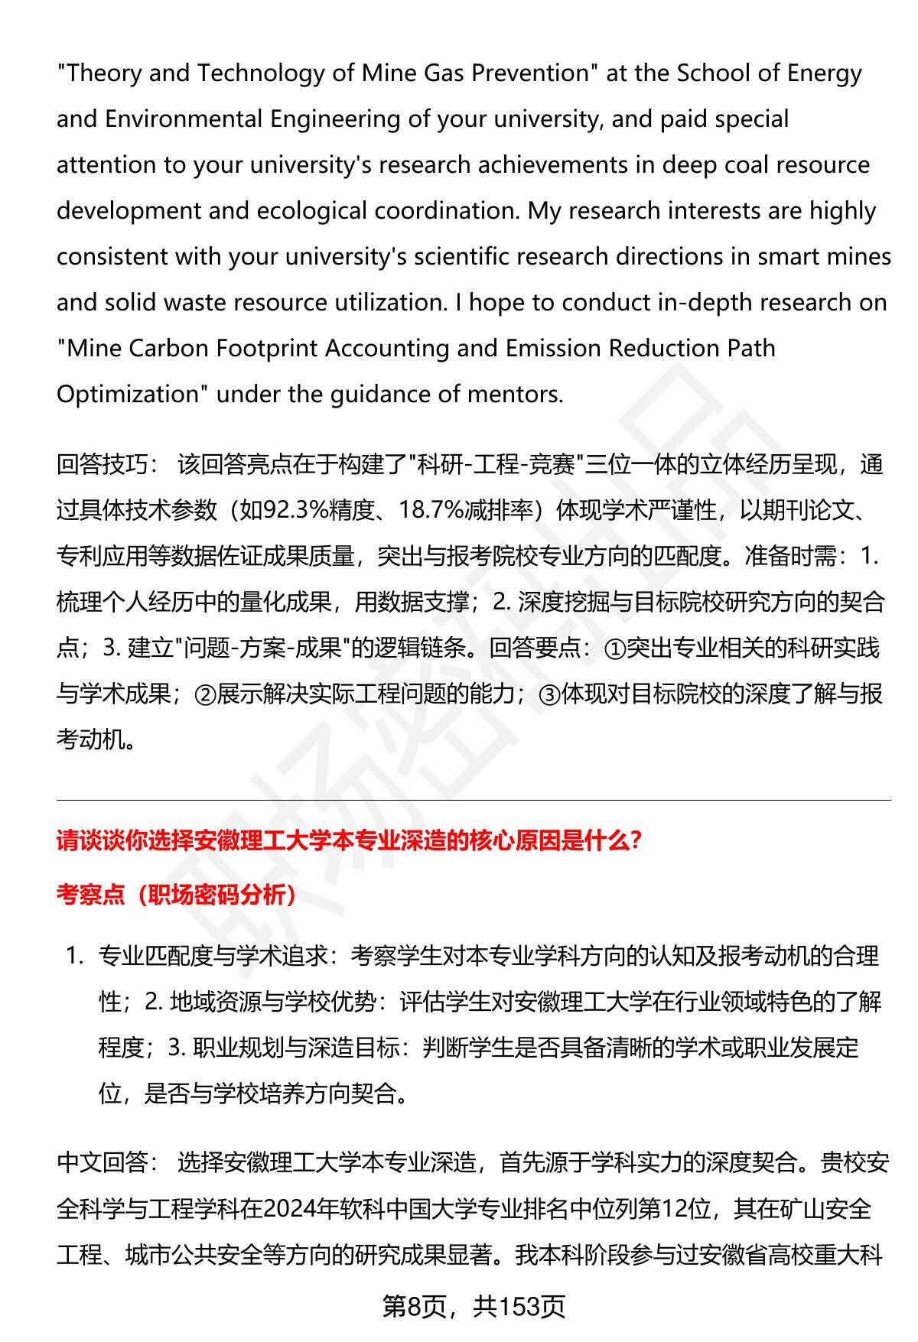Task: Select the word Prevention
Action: pyautogui.click(x=532, y=73)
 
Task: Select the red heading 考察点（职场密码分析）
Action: pyautogui.click(x=177, y=895)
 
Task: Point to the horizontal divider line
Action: pyautogui.click(x=474, y=801)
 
